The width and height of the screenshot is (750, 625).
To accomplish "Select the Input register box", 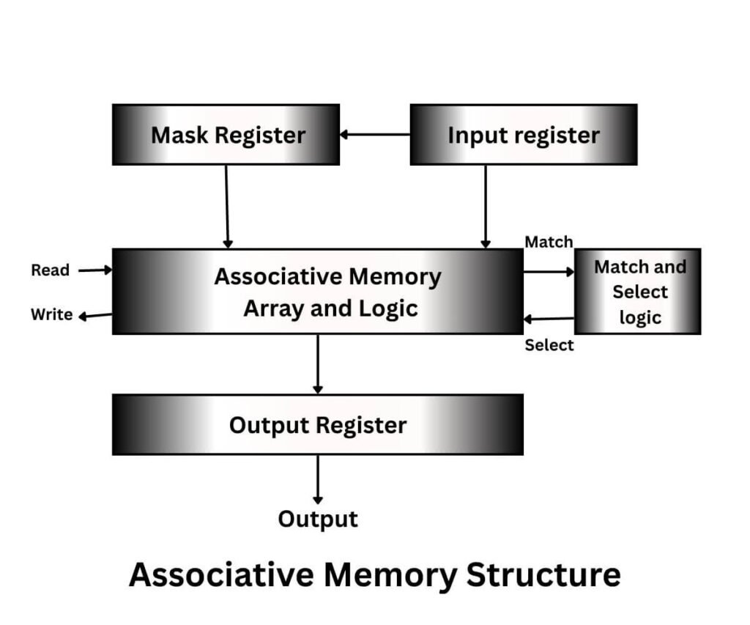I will click(523, 135).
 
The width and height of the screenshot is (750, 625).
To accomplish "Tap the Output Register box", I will click(317, 425).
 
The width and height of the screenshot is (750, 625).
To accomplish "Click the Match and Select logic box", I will click(637, 292).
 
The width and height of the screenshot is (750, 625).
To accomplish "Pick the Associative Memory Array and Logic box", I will click(317, 292).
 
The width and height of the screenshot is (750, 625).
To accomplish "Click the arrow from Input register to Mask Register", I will click(374, 135).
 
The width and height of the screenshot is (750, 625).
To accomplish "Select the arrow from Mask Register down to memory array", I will click(227, 207).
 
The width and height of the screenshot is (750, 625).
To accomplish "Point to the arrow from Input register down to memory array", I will click(485, 207).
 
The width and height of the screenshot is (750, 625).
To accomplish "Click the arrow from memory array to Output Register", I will click(318, 364).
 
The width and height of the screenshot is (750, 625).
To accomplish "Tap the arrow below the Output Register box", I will click(318, 479).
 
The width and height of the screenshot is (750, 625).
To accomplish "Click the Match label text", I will click(549, 241).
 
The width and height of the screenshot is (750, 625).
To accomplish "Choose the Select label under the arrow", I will click(549, 345).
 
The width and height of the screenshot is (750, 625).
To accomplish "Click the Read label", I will click(50, 270).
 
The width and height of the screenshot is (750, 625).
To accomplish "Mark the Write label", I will click(51, 315).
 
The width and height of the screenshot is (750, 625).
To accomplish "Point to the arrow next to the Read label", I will click(95, 270).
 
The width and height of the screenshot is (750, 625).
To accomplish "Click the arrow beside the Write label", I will click(95, 316).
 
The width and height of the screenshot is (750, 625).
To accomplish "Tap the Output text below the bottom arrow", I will click(318, 519).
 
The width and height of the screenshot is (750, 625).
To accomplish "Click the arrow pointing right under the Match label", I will click(549, 272).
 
